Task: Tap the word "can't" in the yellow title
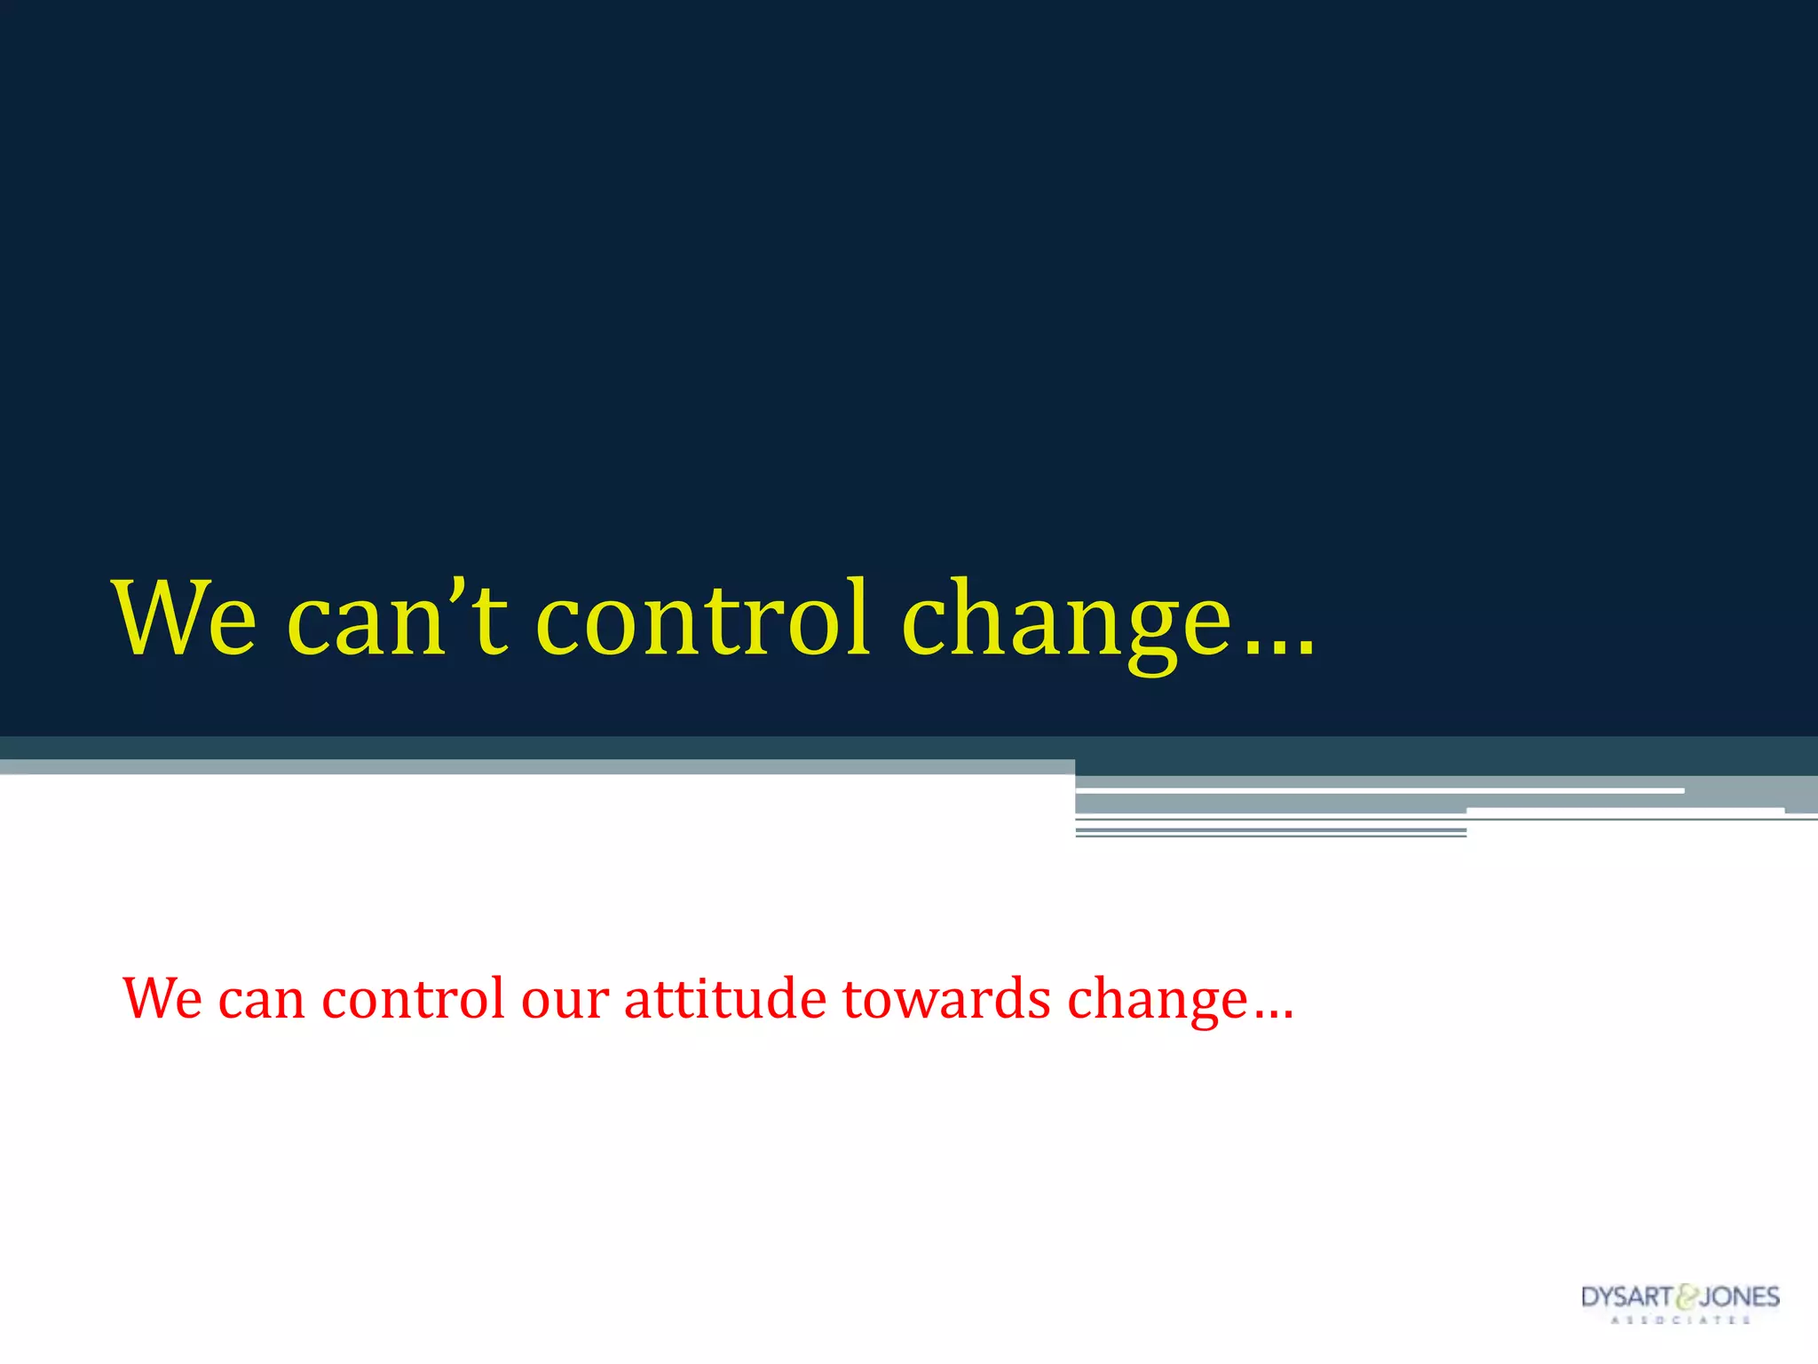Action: coord(397,619)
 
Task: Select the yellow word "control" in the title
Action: coord(703,619)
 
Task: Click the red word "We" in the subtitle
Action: coord(162,998)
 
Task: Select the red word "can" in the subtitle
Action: coord(262,1000)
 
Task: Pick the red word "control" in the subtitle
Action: coord(413,998)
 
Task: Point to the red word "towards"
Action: coord(946,998)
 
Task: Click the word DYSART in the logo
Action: coord(1626,1297)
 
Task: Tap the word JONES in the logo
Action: coord(1740,1297)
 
